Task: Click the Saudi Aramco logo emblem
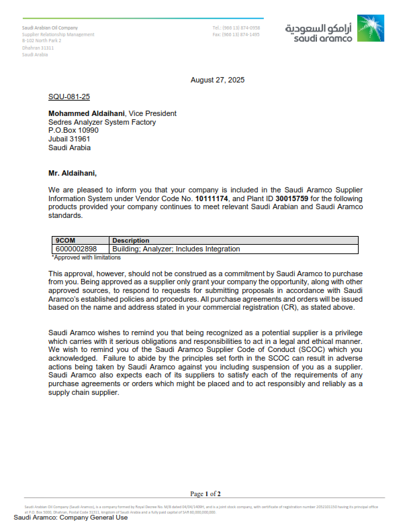pyautogui.click(x=371, y=29)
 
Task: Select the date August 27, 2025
pyautogui.click(x=218, y=80)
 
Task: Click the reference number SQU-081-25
pyautogui.click(x=69, y=97)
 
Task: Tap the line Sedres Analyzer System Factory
pyautogui.click(x=102, y=123)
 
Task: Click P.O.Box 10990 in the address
pyautogui.click(x=73, y=131)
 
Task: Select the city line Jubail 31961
pyautogui.click(x=69, y=139)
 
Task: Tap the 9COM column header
pyautogui.click(x=65, y=240)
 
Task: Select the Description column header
pyautogui.click(x=131, y=240)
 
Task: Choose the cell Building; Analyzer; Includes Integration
pyautogui.click(x=176, y=249)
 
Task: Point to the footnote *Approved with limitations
pyautogui.click(x=87, y=257)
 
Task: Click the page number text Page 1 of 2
pyautogui.click(x=205, y=493)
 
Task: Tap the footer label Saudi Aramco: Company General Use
pyautogui.click(x=71, y=518)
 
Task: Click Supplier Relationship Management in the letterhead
pyautogui.click(x=58, y=34)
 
